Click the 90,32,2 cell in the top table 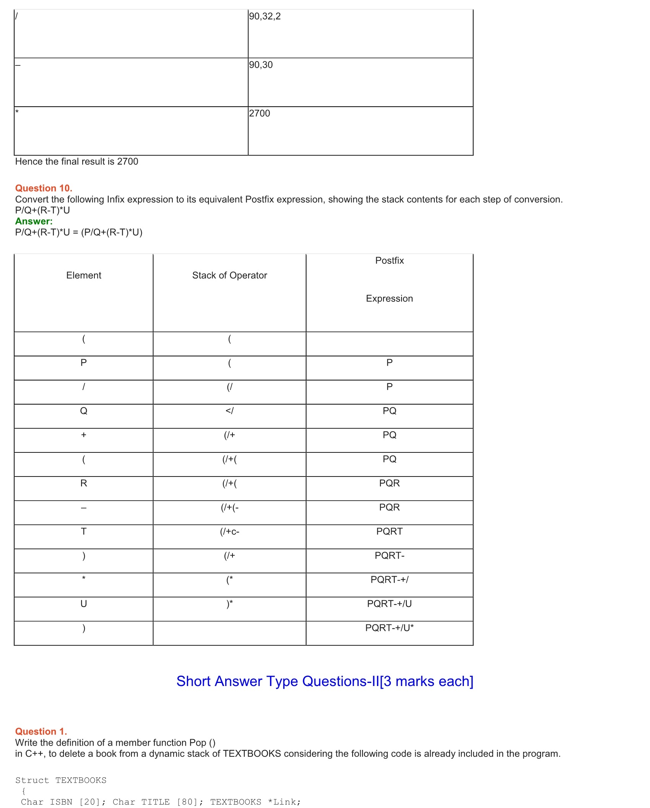coord(265,16)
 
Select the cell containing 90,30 coord(261,65)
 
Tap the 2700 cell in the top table coord(259,114)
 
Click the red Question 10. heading coord(44,188)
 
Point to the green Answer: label coord(34,221)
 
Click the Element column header coord(84,275)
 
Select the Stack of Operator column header coord(229,275)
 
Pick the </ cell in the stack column coord(229,411)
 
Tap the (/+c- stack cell coord(229,532)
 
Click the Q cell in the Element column coord(84,411)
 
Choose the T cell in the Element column coord(84,532)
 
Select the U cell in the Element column coord(84,604)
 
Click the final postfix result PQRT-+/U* coord(389,628)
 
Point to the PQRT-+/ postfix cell coord(389,580)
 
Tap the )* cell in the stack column coord(229,604)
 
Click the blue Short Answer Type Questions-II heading coord(325,681)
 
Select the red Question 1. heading coord(41,732)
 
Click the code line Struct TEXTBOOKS coord(61,780)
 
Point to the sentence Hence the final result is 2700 coord(76,162)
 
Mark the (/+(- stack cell coord(229,507)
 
